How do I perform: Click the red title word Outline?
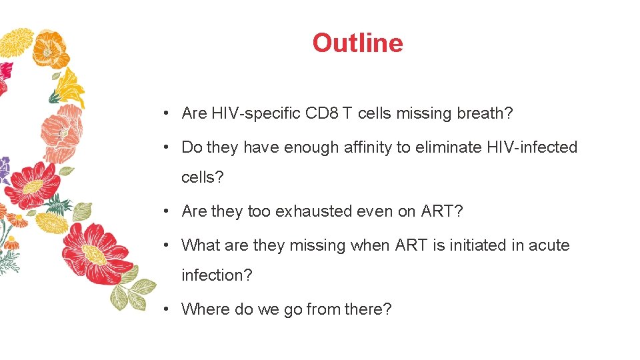[x=357, y=43]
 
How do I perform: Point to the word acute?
[x=549, y=245]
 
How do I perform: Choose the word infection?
[x=217, y=275]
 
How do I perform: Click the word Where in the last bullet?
[x=205, y=309]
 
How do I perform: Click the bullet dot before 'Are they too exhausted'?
[x=165, y=211]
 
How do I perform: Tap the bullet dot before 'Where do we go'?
[x=165, y=309]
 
